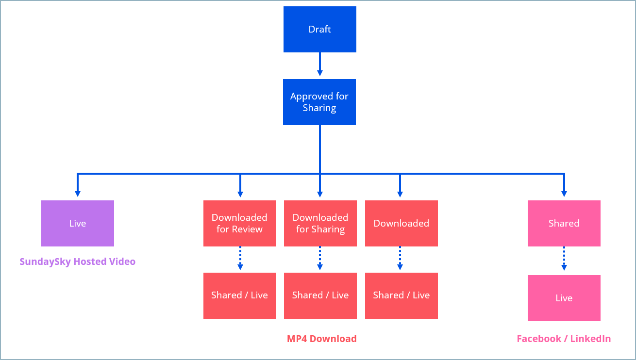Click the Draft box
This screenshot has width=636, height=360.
319,29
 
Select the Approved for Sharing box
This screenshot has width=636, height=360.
319,102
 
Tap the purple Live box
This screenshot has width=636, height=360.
78,223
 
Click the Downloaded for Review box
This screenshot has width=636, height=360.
239,223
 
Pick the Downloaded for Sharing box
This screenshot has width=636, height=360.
320,223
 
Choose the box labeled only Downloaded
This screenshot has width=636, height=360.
401,223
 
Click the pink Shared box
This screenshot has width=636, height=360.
564,223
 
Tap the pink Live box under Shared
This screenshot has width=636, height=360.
564,298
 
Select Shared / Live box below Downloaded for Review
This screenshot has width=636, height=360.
239,295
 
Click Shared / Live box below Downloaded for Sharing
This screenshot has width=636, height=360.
320,295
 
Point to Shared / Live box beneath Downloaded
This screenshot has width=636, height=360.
401,295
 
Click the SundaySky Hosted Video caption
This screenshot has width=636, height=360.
78,262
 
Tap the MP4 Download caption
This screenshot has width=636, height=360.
321,339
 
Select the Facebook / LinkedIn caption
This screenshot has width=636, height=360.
564,339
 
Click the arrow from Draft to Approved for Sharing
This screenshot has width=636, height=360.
319,65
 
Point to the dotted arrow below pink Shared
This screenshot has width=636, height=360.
564,259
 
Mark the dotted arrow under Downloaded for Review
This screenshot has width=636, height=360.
240,258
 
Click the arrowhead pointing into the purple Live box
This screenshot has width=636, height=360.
78,193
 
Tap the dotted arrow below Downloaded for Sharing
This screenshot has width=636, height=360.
319,258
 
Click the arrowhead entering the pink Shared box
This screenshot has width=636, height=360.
564,193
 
